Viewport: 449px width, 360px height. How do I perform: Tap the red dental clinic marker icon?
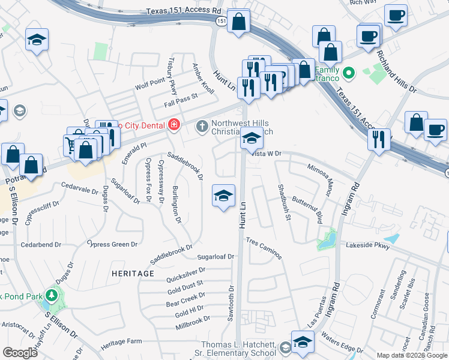[x=174, y=125]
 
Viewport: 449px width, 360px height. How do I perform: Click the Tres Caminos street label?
[x=264, y=247]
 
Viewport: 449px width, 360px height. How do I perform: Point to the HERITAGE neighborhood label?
[x=133, y=273]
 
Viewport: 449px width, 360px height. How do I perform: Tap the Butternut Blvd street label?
[x=307, y=209]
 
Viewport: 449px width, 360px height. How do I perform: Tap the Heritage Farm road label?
[x=121, y=341]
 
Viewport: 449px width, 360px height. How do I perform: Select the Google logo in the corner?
[x=20, y=352]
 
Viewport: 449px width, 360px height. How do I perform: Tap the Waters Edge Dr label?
[x=341, y=342]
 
